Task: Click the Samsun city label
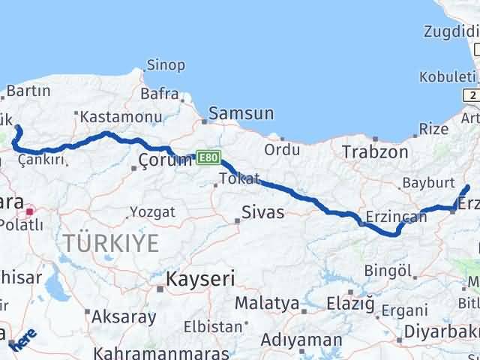point(240,114)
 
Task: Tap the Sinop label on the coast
point(166,65)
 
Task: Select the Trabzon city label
point(375,152)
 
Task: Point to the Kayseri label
point(200,279)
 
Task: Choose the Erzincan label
point(394,217)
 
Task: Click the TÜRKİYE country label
point(111,242)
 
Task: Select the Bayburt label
point(428,182)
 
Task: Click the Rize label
point(433,129)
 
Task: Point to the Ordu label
point(282,149)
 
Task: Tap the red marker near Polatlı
point(29,212)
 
